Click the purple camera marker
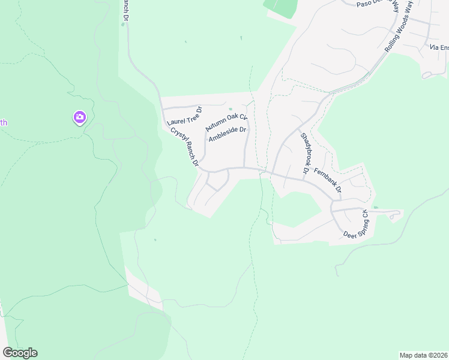point(79,117)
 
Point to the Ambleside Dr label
point(228,134)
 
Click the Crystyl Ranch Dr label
point(184,147)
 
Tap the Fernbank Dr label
point(328,180)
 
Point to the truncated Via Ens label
point(439,47)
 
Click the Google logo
point(20,353)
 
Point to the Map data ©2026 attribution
point(423,355)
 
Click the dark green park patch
point(281,8)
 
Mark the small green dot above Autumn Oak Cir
point(230,109)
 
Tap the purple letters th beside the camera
point(4,123)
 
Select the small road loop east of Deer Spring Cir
point(394,214)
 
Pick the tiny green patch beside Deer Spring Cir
point(375,208)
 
